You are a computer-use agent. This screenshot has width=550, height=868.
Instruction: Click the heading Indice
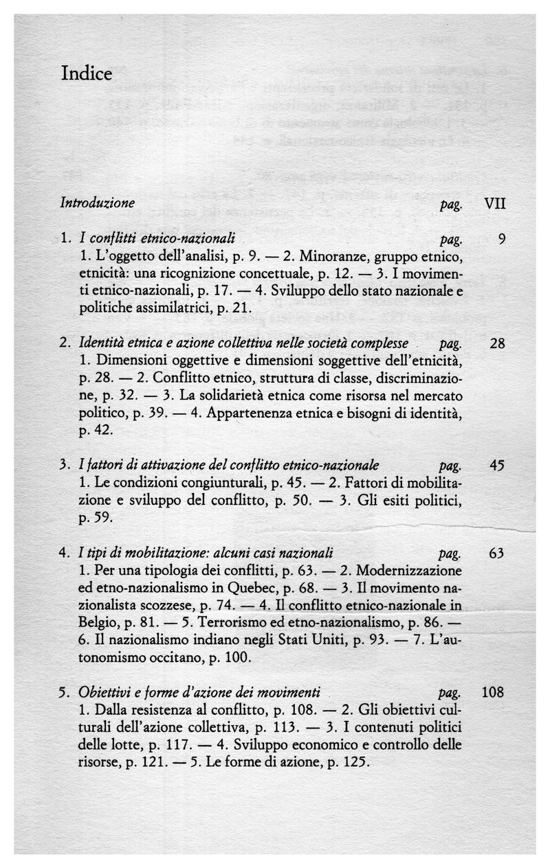tap(86, 73)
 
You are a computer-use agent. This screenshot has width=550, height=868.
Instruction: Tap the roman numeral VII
tap(495, 204)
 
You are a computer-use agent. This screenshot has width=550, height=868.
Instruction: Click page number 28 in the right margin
tap(498, 343)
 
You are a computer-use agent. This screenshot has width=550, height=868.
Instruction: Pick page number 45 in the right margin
tap(497, 465)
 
